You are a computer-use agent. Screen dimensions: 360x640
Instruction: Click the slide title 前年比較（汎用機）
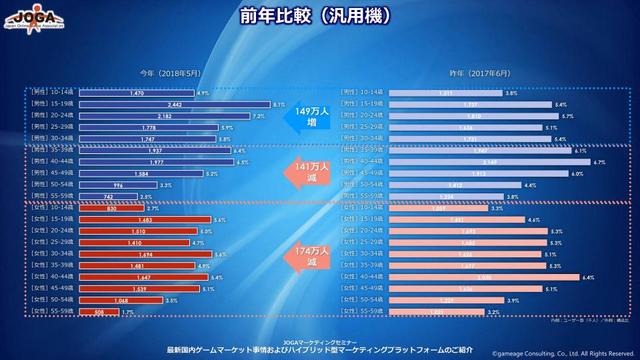tap(320, 18)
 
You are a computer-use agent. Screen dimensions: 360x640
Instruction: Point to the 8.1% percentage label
tap(280, 104)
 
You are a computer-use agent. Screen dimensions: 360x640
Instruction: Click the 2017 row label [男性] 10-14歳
tap(361, 93)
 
